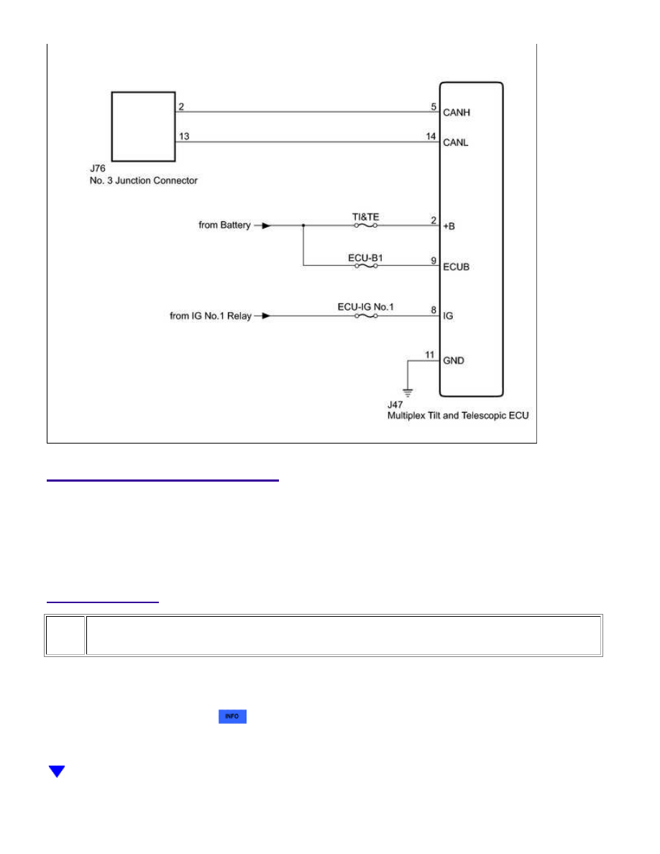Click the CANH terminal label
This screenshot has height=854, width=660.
457,113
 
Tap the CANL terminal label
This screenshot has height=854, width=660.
456,143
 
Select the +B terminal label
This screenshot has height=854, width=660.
449,226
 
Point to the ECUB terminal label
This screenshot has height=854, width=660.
457,267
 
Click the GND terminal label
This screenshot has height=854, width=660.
454,361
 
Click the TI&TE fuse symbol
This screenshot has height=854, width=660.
366,226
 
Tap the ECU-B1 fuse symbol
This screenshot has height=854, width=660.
366,266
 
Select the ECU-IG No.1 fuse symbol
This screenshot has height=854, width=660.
366,316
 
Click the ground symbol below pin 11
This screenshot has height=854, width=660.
408,392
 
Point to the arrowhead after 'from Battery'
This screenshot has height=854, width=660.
266,226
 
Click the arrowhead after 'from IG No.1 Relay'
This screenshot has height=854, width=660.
266,316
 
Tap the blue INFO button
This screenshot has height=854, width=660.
232,716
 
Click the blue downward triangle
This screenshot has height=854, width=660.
57,771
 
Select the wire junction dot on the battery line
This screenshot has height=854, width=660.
303,226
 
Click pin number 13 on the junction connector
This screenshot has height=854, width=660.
184,136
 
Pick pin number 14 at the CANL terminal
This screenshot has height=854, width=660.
431,136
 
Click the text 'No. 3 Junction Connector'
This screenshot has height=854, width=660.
144,180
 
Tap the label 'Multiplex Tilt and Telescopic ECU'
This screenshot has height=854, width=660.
458,415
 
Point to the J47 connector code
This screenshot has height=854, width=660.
395,405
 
